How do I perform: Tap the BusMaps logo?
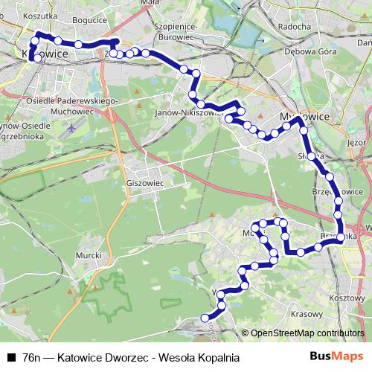[336, 356]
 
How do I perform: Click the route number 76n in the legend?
[32, 357]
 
